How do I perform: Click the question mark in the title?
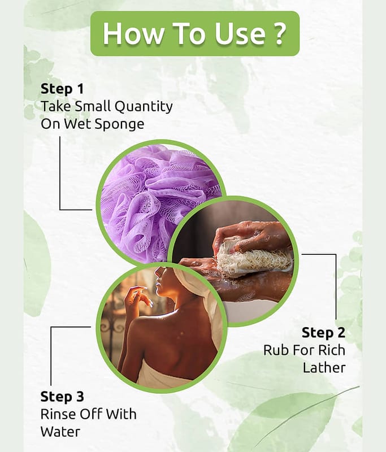click(x=279, y=33)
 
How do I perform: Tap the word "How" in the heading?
click(x=132, y=33)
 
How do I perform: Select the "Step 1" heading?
click(x=62, y=89)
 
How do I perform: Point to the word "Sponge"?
click(x=119, y=124)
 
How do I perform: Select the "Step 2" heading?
click(x=323, y=333)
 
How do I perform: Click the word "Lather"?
click(x=324, y=368)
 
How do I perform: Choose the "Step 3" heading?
click(x=62, y=397)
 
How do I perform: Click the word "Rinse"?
click(x=58, y=414)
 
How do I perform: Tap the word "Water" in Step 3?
click(x=60, y=432)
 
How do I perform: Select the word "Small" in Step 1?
click(x=92, y=106)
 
